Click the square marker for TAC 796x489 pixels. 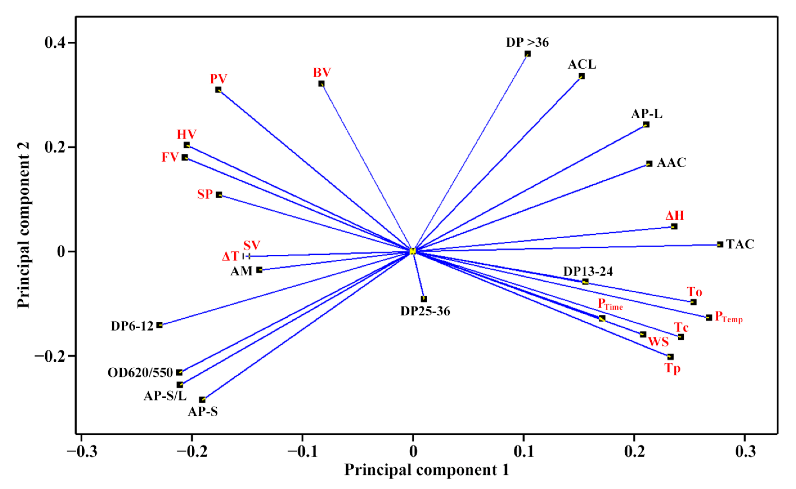point(720,244)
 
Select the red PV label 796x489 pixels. point(218,79)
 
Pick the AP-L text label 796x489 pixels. point(646,114)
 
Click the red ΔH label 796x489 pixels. point(675,215)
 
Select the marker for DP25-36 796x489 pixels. point(424,299)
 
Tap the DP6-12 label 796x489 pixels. point(132,326)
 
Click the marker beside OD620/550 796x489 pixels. point(179,372)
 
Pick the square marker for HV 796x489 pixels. point(187,145)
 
